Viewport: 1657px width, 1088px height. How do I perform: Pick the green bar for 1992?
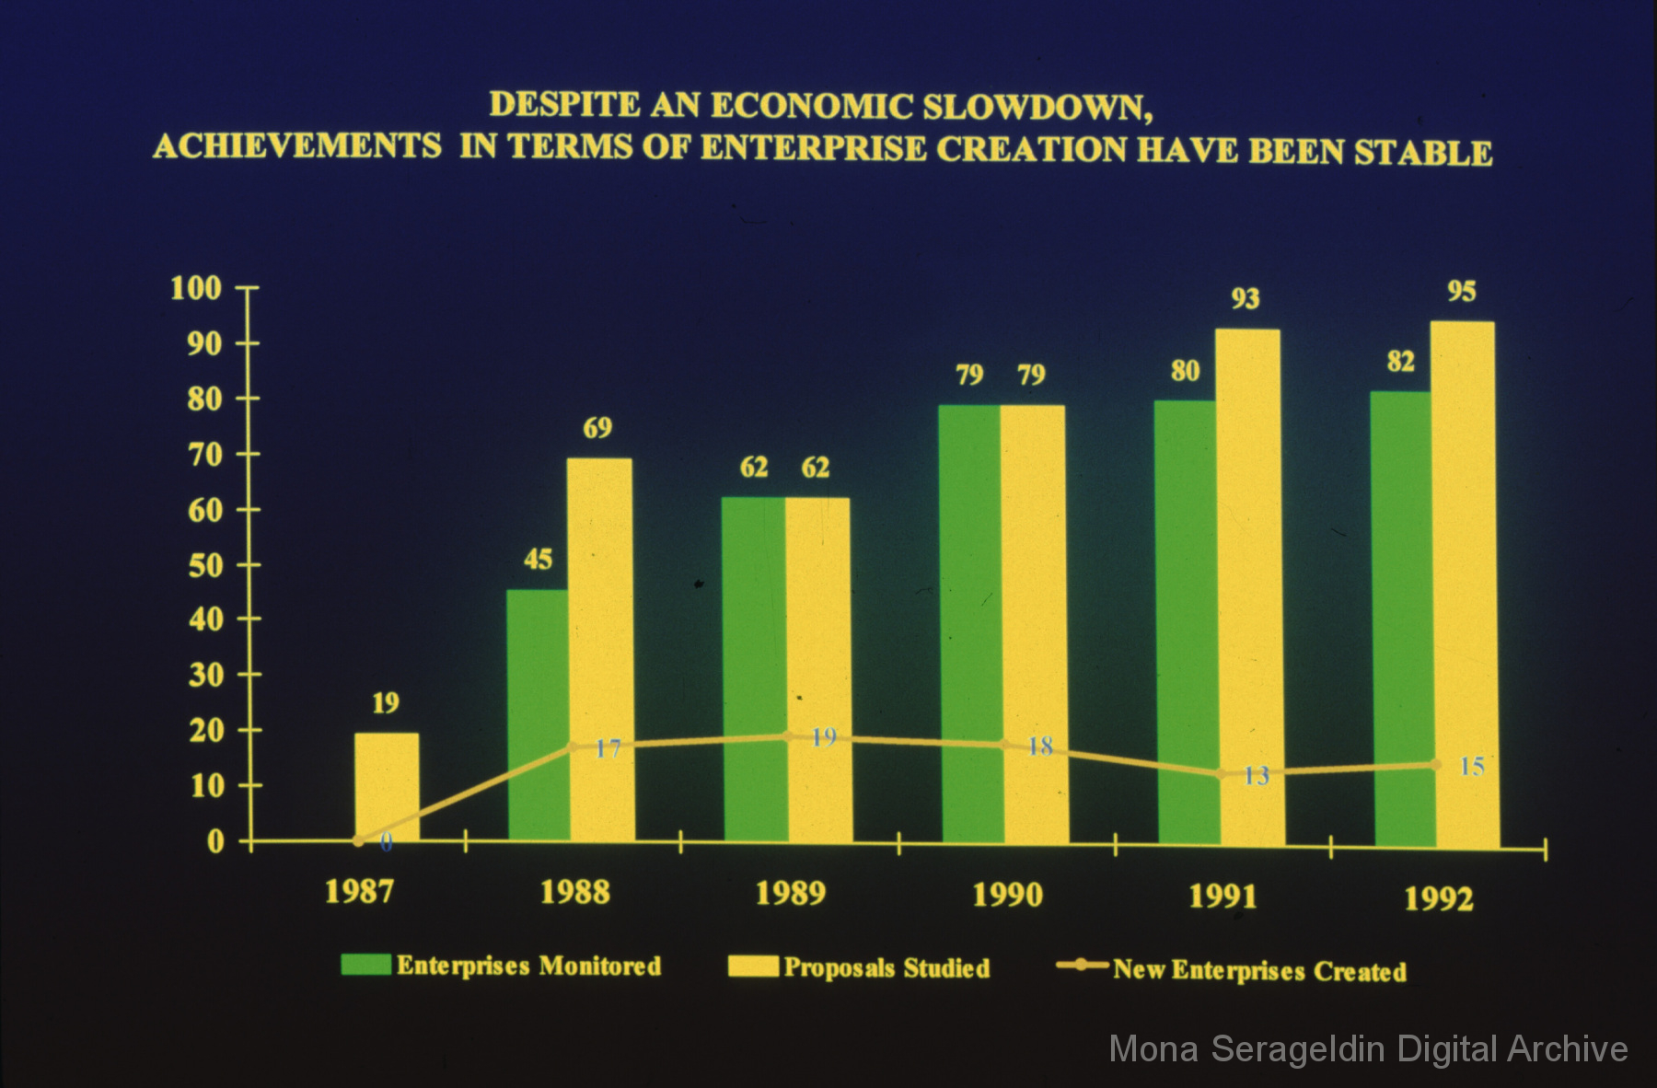[x=1402, y=617]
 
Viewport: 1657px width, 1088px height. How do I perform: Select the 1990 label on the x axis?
[x=1007, y=895]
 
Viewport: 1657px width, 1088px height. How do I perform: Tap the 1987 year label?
[x=359, y=891]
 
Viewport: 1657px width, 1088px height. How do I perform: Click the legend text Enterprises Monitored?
[x=528, y=966]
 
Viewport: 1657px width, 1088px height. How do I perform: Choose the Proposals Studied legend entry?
[x=886, y=967]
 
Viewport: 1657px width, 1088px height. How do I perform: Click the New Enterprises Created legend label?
[x=1259, y=970]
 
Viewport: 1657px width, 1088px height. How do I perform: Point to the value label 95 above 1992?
[x=1461, y=292]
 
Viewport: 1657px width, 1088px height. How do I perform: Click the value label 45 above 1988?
[x=538, y=559]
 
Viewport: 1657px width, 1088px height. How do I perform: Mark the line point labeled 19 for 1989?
[x=787, y=735]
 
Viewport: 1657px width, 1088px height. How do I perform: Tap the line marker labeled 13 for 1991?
[x=1222, y=774]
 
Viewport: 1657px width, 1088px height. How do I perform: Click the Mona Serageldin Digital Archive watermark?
[x=1368, y=1049]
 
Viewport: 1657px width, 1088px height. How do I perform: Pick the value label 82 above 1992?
[x=1400, y=362]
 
